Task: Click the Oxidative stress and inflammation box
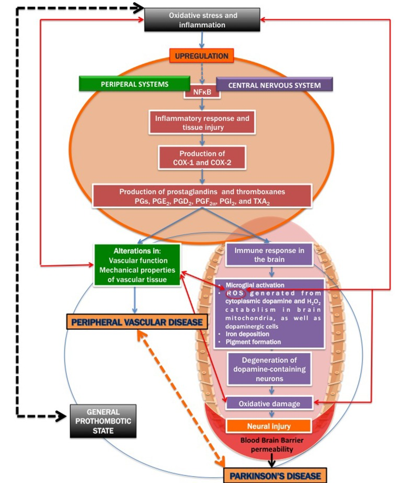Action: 203,20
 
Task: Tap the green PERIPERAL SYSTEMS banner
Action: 134,83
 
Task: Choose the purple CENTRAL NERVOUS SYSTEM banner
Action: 275,84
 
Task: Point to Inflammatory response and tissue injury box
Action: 201,122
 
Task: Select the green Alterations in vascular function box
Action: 137,264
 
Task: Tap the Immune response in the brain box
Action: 270,254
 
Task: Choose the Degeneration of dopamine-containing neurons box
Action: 270,369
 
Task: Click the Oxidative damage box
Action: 270,402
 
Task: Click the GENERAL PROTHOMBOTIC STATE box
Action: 102,421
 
